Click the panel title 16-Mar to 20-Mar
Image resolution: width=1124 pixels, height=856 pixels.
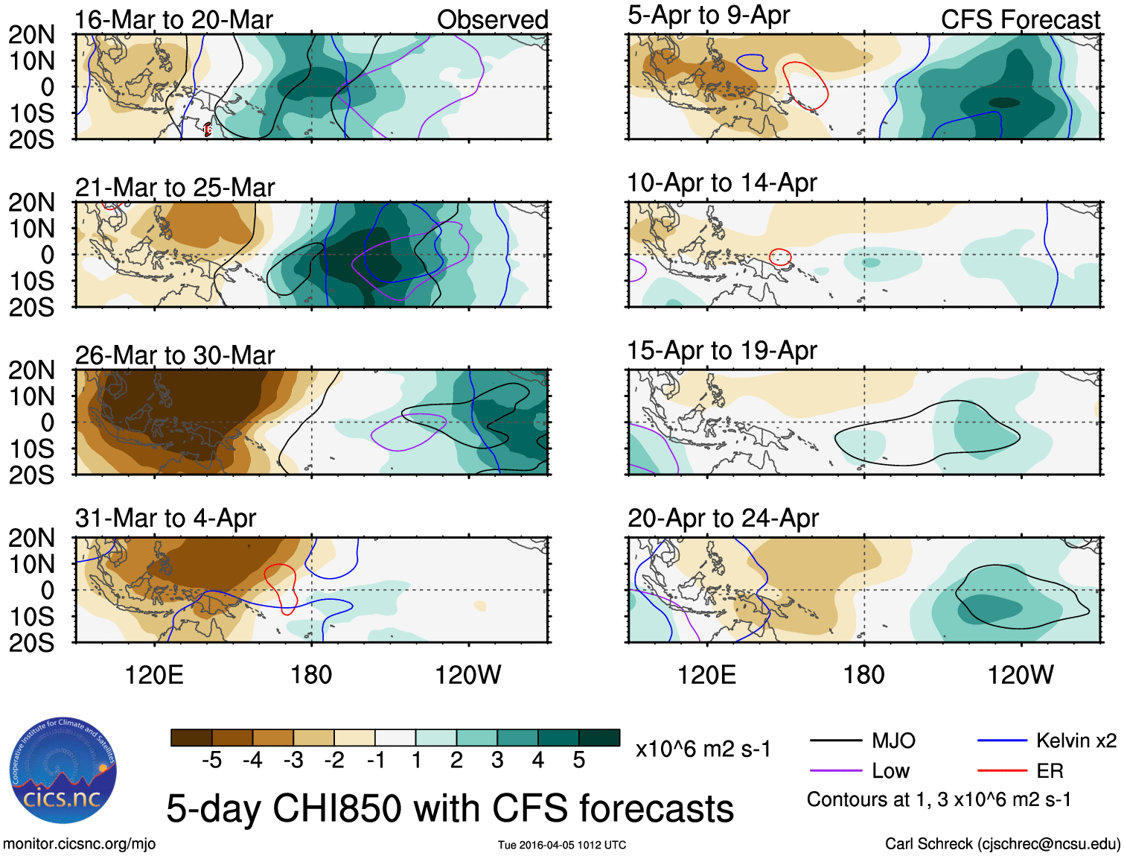(x=173, y=20)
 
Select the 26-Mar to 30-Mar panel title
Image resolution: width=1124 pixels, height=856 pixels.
(x=175, y=355)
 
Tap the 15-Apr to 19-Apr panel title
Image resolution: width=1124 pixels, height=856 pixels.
(x=722, y=350)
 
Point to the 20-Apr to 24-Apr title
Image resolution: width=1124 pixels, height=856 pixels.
(x=723, y=518)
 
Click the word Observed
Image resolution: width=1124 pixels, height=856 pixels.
(x=492, y=20)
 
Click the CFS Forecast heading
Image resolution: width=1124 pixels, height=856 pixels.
(x=1020, y=20)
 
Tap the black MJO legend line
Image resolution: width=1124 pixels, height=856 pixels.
(x=835, y=741)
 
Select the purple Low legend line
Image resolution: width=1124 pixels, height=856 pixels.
(x=835, y=770)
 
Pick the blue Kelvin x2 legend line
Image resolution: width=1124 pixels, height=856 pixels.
(x=1002, y=741)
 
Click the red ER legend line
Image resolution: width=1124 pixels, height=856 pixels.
(x=1002, y=770)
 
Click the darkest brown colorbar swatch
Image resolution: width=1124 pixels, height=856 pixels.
(x=191, y=738)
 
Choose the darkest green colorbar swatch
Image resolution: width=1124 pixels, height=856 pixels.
(x=599, y=738)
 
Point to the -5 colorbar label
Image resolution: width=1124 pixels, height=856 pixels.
(x=211, y=760)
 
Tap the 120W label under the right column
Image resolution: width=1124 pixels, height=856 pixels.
(x=1021, y=675)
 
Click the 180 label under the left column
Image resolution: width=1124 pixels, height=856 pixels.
(x=311, y=675)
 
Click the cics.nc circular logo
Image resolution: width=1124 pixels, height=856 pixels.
(x=63, y=770)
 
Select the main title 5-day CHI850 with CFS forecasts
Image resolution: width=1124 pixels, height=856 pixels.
(x=450, y=808)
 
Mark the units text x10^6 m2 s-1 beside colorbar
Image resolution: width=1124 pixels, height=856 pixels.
(x=703, y=749)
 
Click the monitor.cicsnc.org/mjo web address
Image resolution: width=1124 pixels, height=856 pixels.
(x=80, y=844)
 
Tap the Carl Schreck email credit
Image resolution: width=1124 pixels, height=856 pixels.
(x=1002, y=844)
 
